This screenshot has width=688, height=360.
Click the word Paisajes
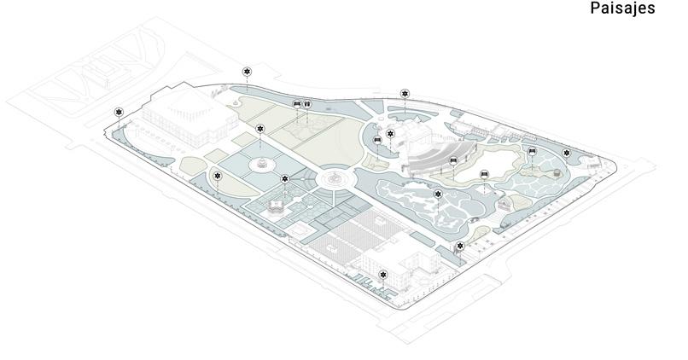click(622, 9)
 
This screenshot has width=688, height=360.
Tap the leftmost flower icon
click(119, 112)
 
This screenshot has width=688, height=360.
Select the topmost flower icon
click(247, 72)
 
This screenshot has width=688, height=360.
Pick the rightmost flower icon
click(566, 153)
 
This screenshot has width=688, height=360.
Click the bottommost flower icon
click(383, 274)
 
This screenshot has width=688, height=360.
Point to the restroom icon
click(306, 104)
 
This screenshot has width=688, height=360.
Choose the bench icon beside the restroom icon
click(296, 104)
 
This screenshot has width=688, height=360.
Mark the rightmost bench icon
click(532, 151)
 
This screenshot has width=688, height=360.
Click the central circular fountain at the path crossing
click(334, 179)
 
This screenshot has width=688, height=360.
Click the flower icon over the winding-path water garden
click(438, 195)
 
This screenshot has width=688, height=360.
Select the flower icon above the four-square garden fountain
click(260, 129)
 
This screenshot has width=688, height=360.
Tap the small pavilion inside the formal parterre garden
click(277, 205)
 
